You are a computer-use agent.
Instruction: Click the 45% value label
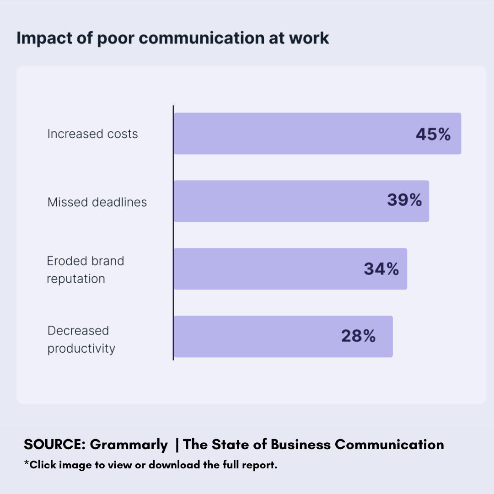click(x=433, y=134)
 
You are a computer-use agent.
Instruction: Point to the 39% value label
click(x=404, y=200)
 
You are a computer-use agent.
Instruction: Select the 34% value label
click(x=381, y=269)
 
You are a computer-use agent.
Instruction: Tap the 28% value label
click(x=358, y=336)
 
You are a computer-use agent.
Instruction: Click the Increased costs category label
click(x=92, y=134)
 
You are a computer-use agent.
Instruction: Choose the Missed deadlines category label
click(x=97, y=202)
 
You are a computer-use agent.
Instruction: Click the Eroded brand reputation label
click(x=85, y=269)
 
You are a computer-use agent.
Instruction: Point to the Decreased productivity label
click(x=81, y=339)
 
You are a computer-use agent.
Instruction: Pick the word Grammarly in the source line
click(x=129, y=444)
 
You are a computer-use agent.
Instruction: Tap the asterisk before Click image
click(x=26, y=464)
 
